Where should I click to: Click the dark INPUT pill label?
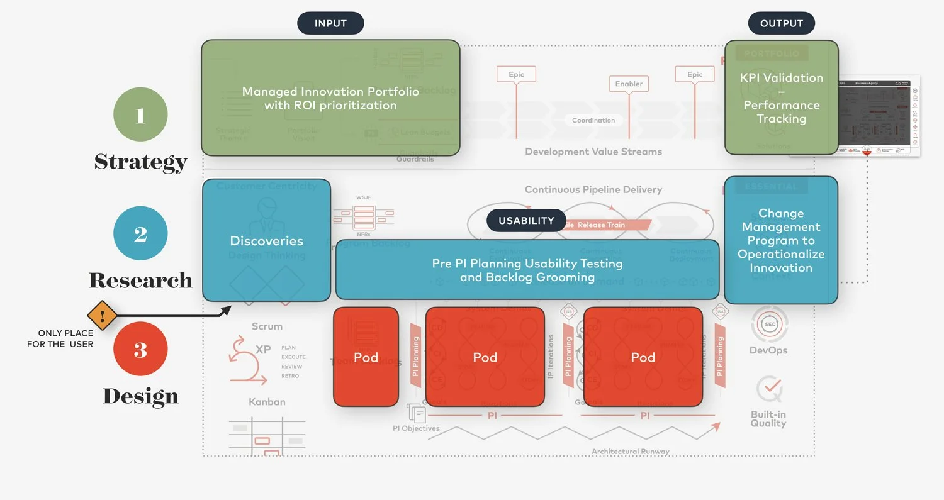pos(330,24)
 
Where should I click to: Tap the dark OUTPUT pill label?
pos(781,24)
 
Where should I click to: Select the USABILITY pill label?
pos(526,221)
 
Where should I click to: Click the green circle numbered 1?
pos(140,115)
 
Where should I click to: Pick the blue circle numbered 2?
pos(140,233)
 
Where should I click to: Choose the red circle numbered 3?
pos(140,349)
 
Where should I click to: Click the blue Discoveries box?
pos(266,240)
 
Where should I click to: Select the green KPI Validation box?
pos(781,97)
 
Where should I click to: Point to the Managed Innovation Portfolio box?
pos(330,97)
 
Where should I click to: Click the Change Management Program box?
pos(781,240)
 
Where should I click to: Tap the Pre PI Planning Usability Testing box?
pos(527,270)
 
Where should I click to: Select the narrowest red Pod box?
pos(366,357)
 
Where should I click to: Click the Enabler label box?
pos(629,84)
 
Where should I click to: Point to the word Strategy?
pos(141,162)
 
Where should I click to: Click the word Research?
pos(140,280)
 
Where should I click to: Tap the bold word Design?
pos(140,396)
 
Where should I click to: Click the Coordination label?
pos(593,120)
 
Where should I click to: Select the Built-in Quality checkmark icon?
pos(769,389)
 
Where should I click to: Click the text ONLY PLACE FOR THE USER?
pos(60,338)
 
